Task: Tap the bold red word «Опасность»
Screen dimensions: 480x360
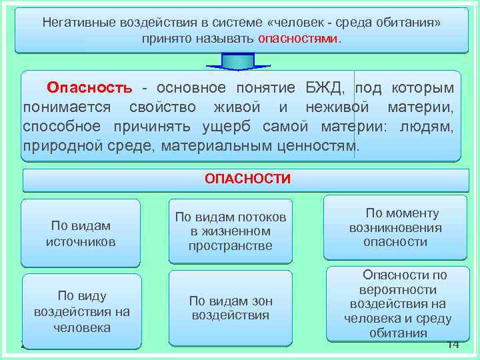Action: click(89, 88)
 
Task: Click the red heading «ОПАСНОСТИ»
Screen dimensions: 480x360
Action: click(247, 179)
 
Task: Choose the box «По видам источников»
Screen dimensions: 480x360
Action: click(81, 233)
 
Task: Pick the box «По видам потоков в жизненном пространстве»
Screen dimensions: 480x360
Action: click(231, 231)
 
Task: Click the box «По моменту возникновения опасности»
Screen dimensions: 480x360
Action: click(395, 227)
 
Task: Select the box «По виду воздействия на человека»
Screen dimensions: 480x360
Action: click(82, 311)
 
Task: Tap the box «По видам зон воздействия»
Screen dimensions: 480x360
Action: click(231, 307)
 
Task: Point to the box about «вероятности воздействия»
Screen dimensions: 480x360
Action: click(397, 304)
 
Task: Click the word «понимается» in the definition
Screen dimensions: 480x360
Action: click(65, 107)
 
